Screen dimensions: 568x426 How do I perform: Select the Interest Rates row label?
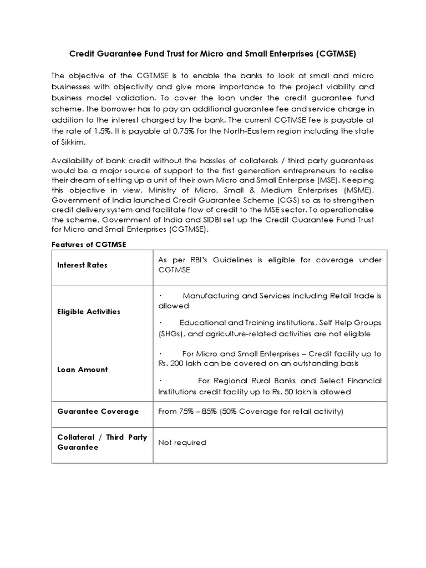pos(82,265)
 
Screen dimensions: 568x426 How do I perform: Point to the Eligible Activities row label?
pos(88,312)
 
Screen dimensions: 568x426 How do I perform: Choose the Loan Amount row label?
pos(82,369)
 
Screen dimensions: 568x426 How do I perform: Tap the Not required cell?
pos(182,443)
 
